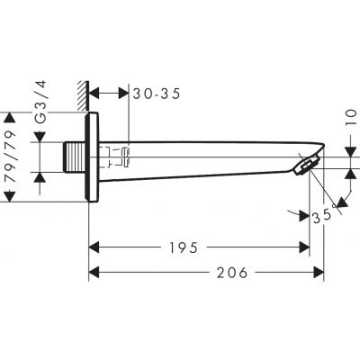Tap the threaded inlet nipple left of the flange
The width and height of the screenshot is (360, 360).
(73, 157)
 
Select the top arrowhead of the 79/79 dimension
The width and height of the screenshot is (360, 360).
(11, 117)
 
